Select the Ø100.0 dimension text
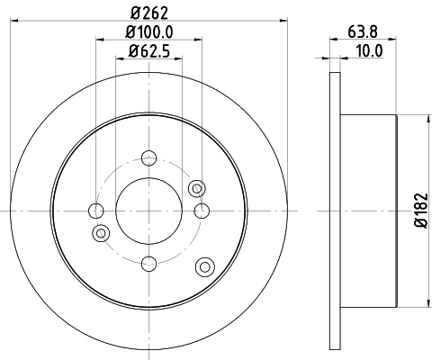pyautogui.click(x=149, y=32)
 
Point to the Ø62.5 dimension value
pyautogui.click(x=149, y=51)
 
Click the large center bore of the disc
pyautogui.click(x=149, y=211)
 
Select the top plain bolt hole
pyautogui.click(x=149, y=159)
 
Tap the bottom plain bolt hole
pyautogui.click(x=149, y=263)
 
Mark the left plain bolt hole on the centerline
pyautogui.click(x=97, y=211)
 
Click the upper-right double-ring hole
pyautogui.click(x=196, y=188)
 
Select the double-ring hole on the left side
pyautogui.click(x=101, y=234)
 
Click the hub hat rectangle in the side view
pyautogui.click(x=368, y=211)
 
